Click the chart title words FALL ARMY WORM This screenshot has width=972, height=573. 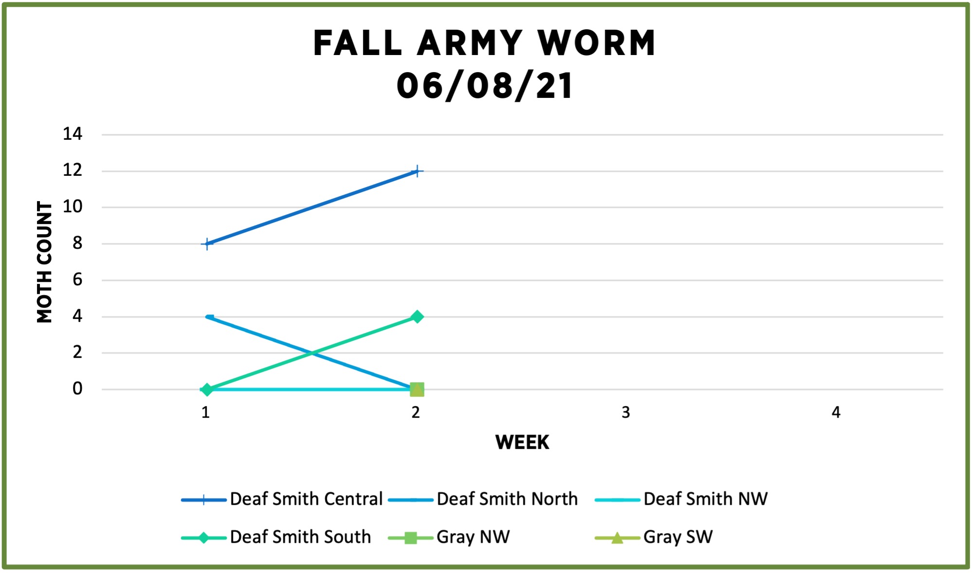click(x=485, y=44)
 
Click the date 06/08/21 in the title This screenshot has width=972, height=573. click(x=485, y=86)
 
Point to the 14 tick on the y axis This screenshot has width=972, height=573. click(x=72, y=134)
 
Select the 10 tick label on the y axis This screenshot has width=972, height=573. click(x=72, y=207)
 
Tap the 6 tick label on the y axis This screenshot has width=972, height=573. click(x=77, y=280)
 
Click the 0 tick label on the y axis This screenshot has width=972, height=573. click(x=77, y=389)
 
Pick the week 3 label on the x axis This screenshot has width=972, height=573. click(x=626, y=413)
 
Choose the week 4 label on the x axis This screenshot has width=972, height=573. click(x=836, y=413)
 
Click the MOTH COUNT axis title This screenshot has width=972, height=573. click(x=45, y=262)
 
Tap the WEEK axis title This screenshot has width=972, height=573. click(x=522, y=443)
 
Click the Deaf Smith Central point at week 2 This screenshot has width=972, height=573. click(x=417, y=171)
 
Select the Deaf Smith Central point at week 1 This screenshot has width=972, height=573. click(x=207, y=243)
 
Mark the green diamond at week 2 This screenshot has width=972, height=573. click(x=417, y=317)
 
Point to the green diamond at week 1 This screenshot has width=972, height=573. click(x=207, y=389)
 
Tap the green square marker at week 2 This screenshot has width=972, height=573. click(x=417, y=389)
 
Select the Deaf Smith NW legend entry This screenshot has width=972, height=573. click(x=705, y=499)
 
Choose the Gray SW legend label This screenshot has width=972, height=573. click(x=678, y=537)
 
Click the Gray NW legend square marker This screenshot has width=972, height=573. click(x=411, y=538)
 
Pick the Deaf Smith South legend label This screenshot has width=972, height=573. click(x=300, y=537)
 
